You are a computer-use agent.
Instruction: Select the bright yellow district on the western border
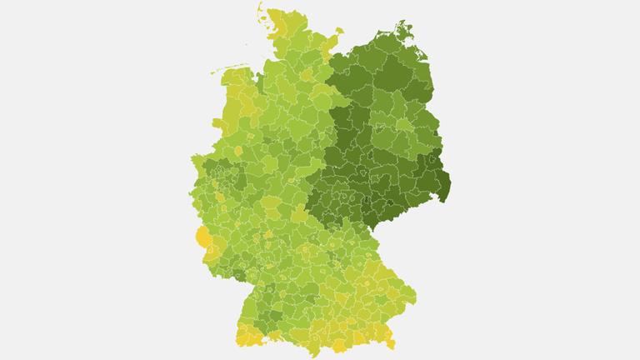[x=202, y=239]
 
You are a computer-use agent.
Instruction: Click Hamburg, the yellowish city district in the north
[x=307, y=75]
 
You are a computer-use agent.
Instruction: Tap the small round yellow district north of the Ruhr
[x=237, y=151]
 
